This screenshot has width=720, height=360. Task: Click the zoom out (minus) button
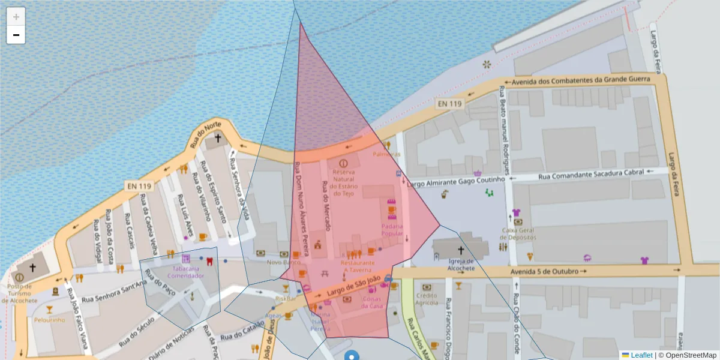click(16, 35)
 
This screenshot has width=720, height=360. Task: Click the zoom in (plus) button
click(16, 17)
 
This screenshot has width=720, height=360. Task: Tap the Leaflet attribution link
click(641, 355)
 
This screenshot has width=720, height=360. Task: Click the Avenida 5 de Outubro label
click(545, 271)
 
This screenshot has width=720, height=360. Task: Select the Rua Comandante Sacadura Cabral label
click(591, 175)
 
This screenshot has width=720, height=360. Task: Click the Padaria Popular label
click(392, 230)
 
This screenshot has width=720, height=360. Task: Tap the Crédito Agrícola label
click(427, 299)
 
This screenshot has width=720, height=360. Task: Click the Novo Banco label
click(284, 262)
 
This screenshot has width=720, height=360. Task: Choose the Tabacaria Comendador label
click(185, 272)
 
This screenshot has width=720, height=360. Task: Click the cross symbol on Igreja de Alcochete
click(461, 250)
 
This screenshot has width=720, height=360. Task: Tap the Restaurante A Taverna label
click(358, 266)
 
